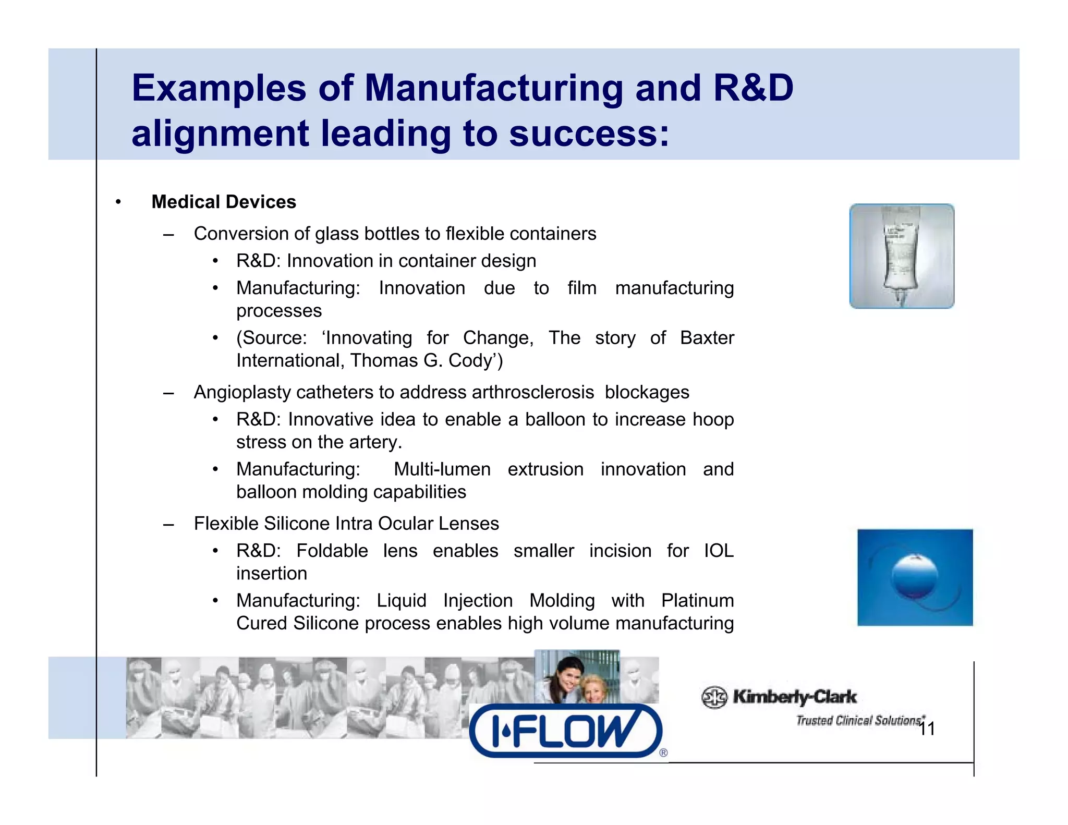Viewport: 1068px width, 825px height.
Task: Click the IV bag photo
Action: point(902,256)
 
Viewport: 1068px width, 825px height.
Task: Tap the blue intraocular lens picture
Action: point(915,577)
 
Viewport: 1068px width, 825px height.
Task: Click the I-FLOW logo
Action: point(566,731)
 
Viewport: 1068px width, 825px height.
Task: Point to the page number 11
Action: point(927,729)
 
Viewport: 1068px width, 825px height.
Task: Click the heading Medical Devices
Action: point(224,202)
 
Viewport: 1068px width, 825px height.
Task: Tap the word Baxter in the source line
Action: point(707,338)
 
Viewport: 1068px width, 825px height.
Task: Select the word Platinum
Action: point(697,601)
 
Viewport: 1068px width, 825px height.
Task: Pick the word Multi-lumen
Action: point(442,469)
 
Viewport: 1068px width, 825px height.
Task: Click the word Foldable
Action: point(332,551)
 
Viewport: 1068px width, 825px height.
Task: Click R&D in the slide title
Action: point(753,88)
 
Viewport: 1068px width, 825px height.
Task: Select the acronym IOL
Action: point(719,551)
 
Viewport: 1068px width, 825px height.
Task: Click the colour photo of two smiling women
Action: point(577,677)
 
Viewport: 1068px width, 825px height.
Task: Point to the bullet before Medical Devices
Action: point(118,202)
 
